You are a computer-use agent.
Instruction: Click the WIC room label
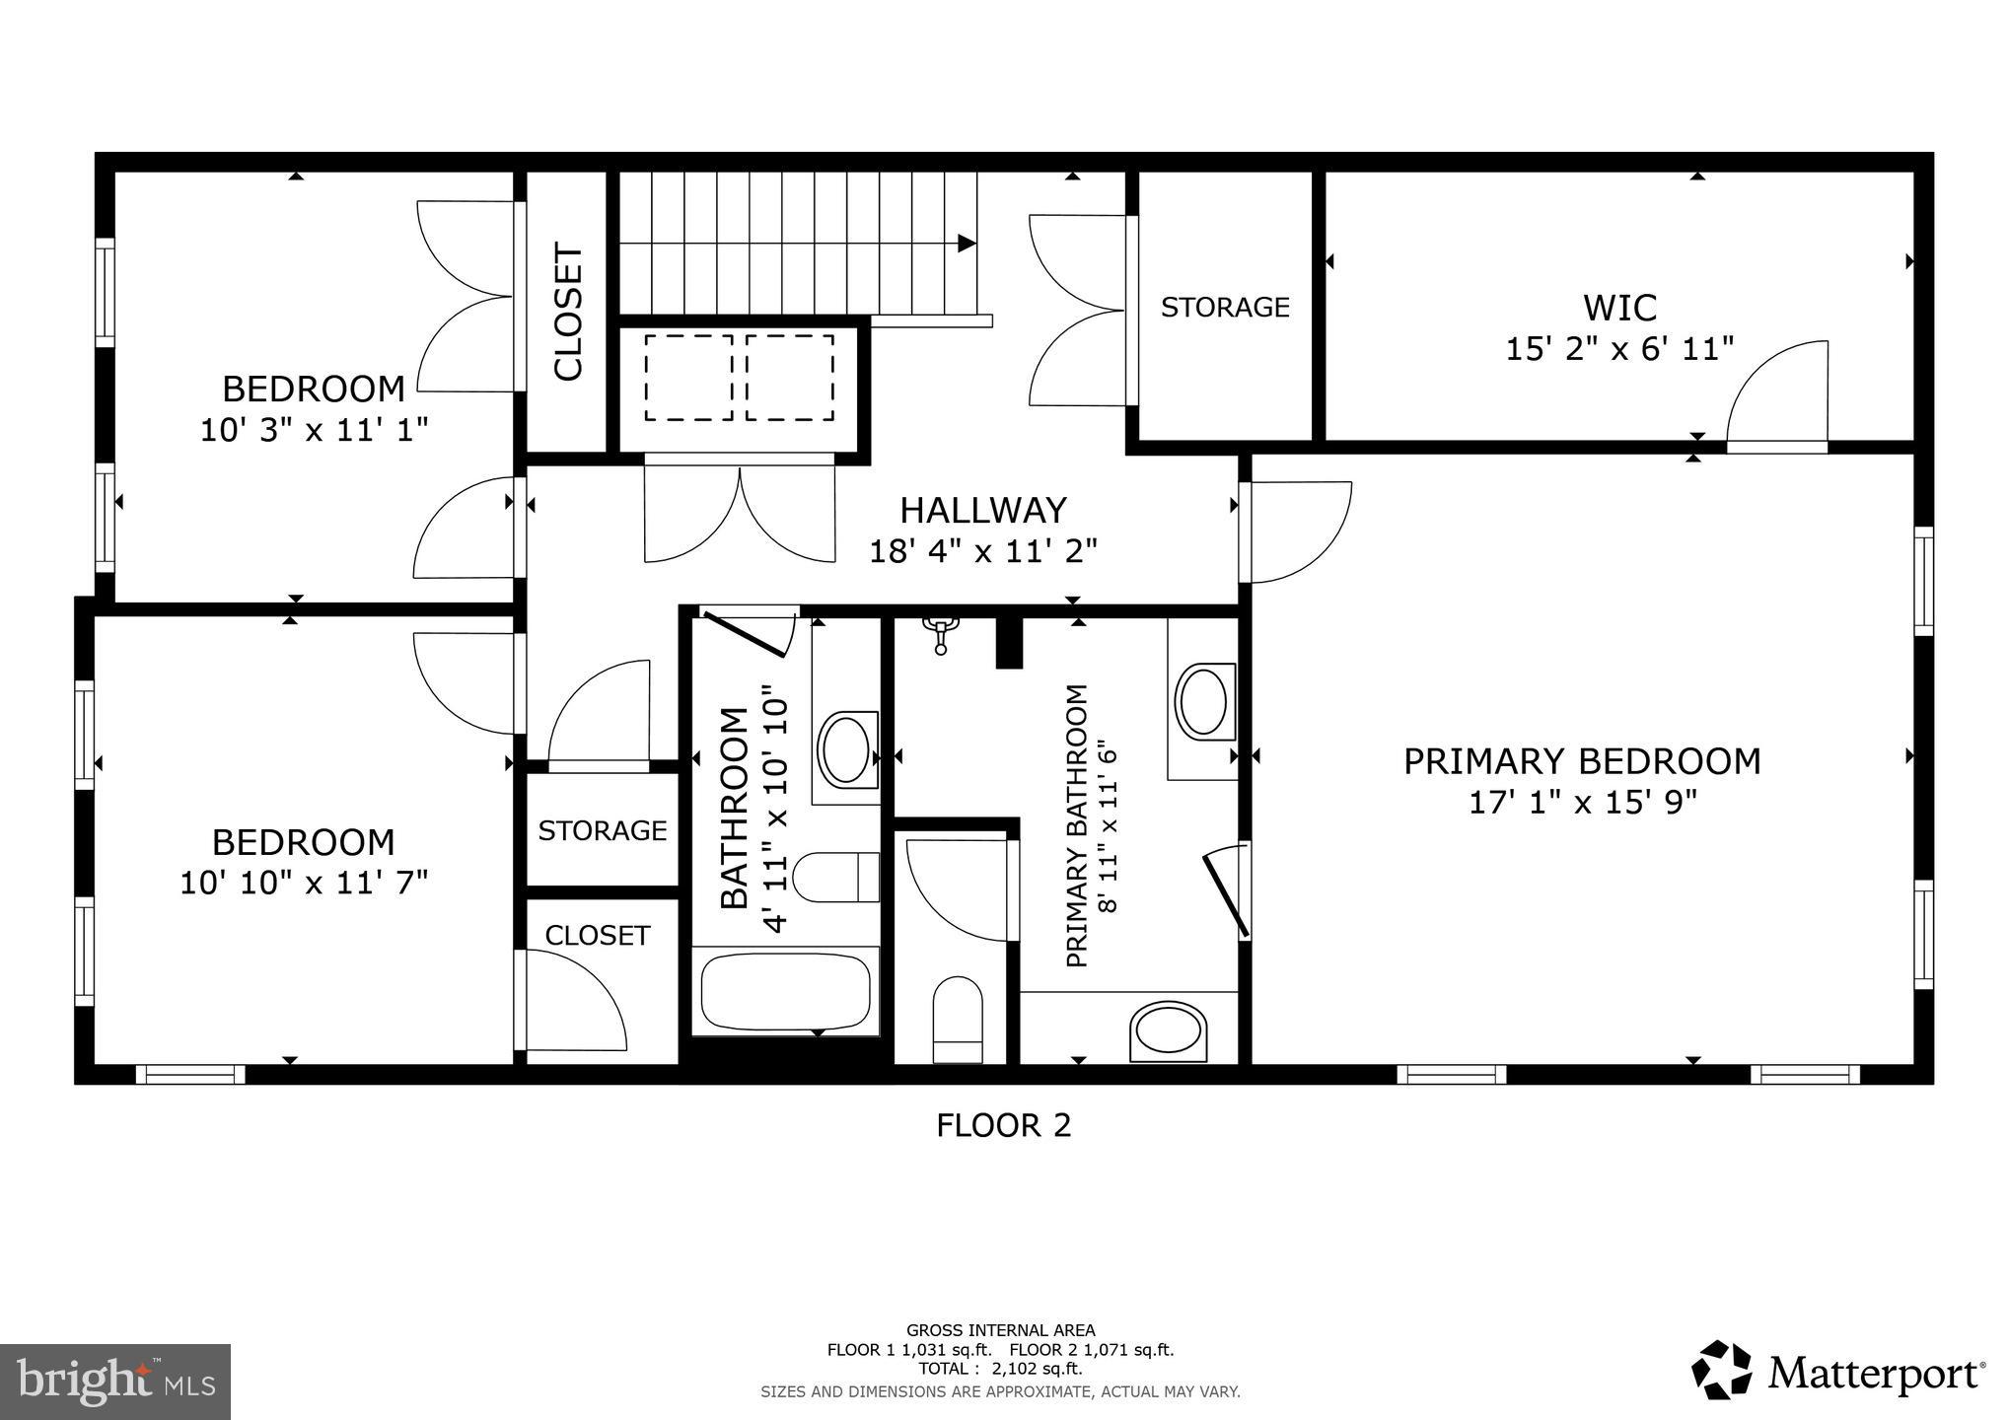click(1619, 308)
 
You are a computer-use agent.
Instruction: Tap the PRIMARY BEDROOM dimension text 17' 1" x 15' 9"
click(1582, 803)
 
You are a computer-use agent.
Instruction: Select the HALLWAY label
click(983, 510)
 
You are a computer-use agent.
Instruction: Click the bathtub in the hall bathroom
click(785, 991)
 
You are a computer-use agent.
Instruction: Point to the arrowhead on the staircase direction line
click(968, 243)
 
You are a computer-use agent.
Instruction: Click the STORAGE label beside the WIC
click(1225, 308)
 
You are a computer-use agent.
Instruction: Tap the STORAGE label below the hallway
click(602, 830)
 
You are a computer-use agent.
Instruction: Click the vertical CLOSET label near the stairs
click(569, 312)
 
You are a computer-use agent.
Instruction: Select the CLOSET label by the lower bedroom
click(598, 935)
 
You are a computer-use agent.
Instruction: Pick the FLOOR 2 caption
click(1003, 1125)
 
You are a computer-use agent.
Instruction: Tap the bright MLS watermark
click(115, 1382)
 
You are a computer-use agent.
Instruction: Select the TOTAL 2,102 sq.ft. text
click(1000, 1369)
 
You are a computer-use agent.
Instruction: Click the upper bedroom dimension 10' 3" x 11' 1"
click(315, 430)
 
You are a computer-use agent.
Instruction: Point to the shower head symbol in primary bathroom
click(941, 633)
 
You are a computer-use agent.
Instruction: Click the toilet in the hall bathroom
click(834, 877)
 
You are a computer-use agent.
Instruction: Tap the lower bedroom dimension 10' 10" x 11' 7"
click(304, 883)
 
